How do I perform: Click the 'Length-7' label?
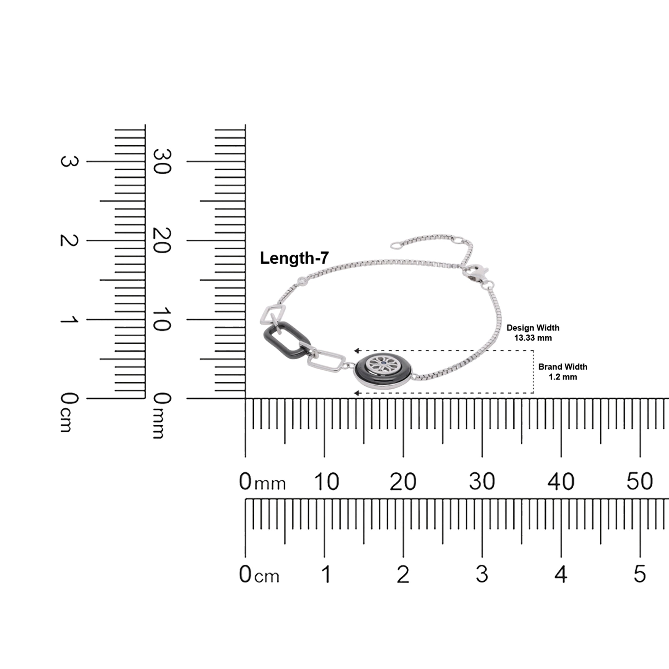click(x=294, y=258)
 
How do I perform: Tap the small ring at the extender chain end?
click(x=395, y=245)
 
